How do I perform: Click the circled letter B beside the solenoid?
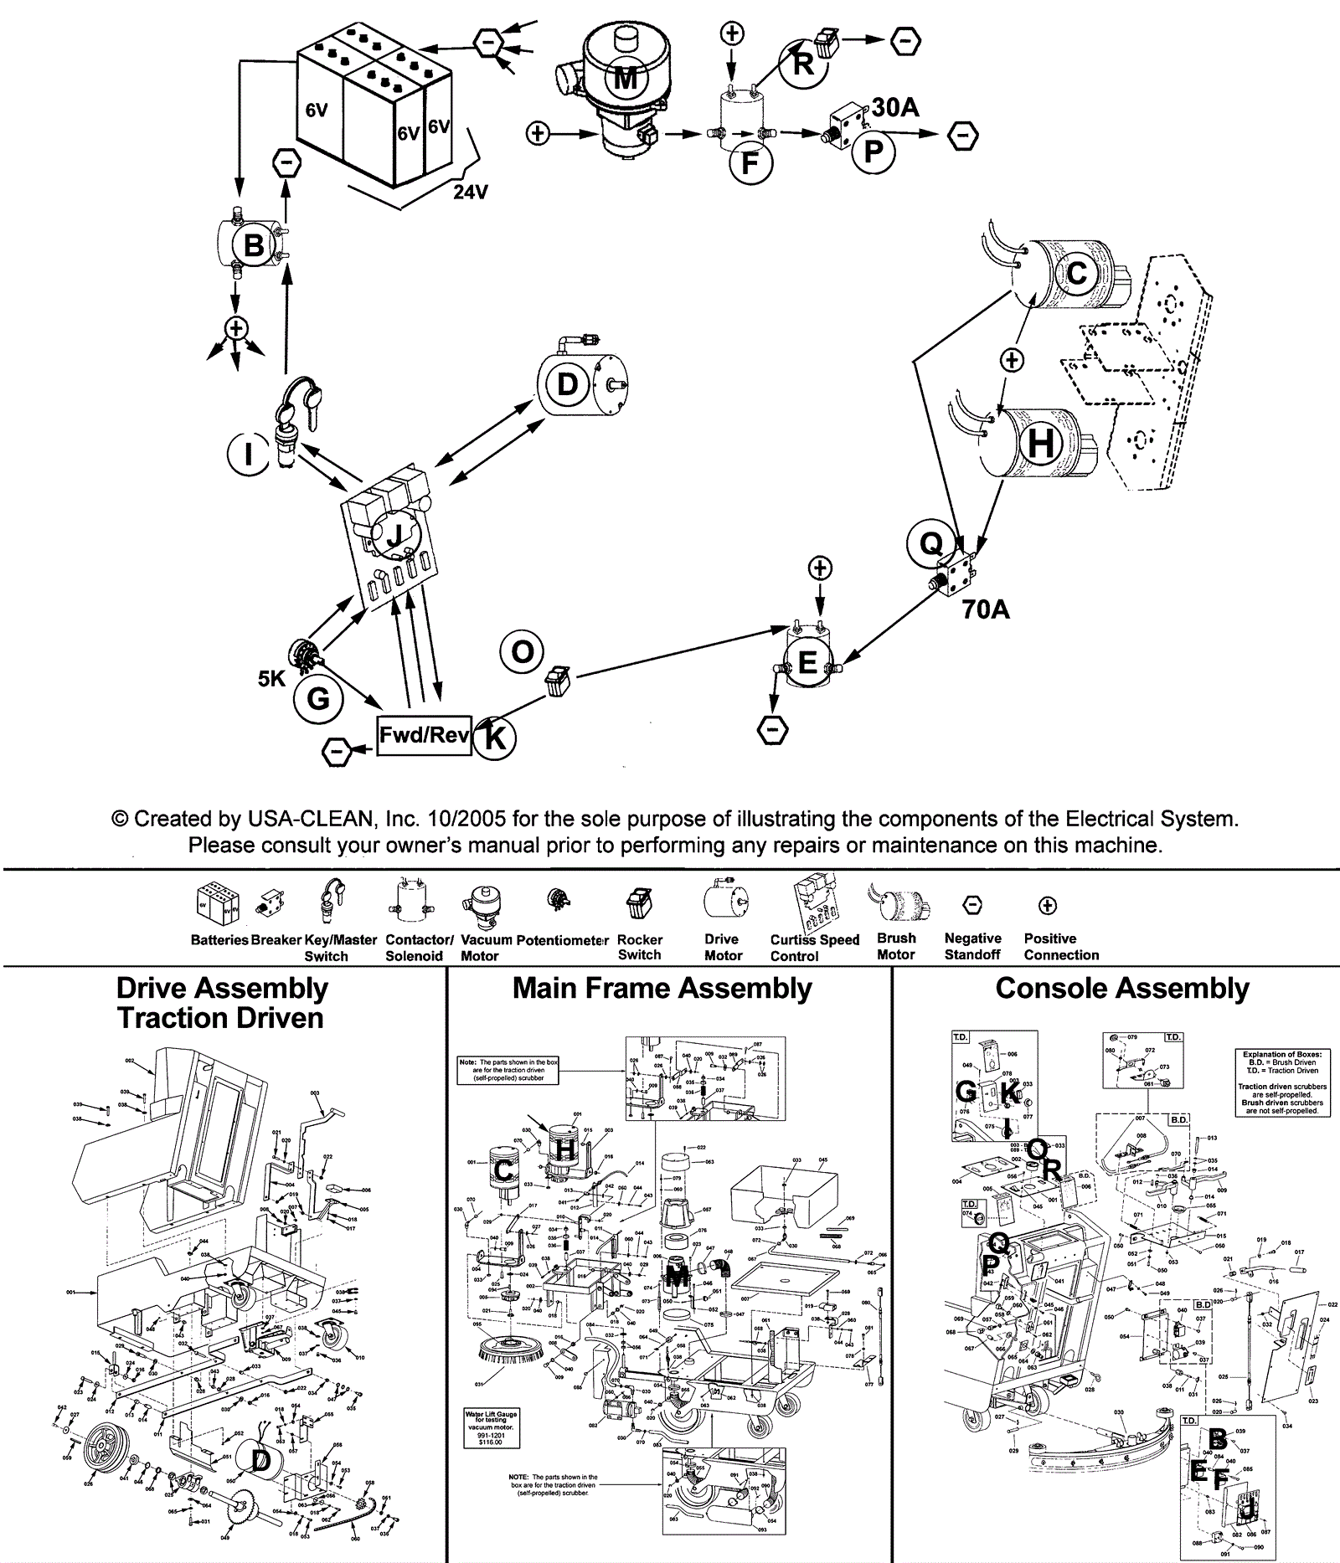click(253, 246)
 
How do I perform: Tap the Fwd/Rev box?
click(424, 736)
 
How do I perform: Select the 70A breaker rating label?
click(986, 609)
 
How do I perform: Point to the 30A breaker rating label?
click(895, 107)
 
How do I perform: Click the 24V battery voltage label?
click(471, 192)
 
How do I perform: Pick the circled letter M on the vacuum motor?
click(626, 78)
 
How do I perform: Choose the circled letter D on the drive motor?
click(567, 384)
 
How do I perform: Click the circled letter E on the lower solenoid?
click(807, 663)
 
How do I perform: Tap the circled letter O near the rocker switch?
click(522, 652)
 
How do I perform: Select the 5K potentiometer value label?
click(271, 678)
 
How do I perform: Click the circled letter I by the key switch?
click(248, 455)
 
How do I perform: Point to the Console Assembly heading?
click(1122, 989)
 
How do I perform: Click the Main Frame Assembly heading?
click(662, 989)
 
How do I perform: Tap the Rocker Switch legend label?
click(640, 948)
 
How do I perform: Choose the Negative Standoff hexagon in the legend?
click(972, 905)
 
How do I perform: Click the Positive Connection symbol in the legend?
click(1048, 905)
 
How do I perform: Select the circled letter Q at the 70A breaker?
click(930, 543)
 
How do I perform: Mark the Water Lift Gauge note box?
click(491, 1428)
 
